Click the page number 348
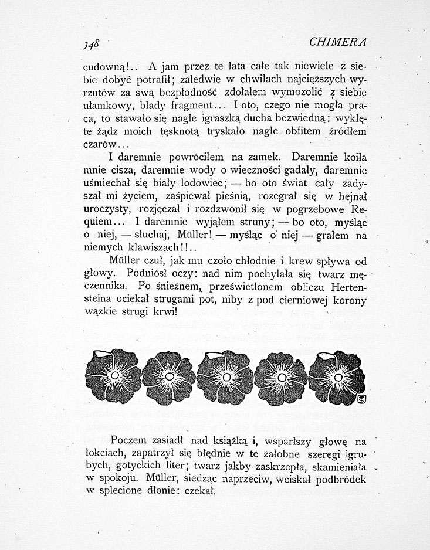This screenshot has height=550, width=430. point(92,44)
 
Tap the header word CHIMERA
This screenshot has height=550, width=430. point(337,42)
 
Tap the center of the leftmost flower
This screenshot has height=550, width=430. point(114,375)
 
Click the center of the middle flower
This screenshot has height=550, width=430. point(225,375)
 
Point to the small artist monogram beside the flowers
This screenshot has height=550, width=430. point(361,400)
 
